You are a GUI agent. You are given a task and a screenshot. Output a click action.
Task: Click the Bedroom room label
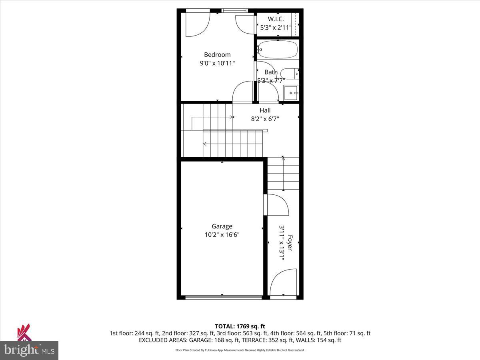pyautogui.click(x=217, y=55)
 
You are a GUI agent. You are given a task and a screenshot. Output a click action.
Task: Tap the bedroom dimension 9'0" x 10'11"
pyautogui.click(x=217, y=63)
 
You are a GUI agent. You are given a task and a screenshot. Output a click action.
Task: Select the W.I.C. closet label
pyautogui.click(x=276, y=19)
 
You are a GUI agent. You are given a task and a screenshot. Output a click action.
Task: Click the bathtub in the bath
pyautogui.click(x=278, y=50)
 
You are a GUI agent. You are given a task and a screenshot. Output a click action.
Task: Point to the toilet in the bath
pyautogui.click(x=289, y=73)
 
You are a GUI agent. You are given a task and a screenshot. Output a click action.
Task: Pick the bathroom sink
pyautogui.click(x=291, y=93)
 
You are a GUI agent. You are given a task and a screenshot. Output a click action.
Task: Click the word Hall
pyautogui.click(x=265, y=110)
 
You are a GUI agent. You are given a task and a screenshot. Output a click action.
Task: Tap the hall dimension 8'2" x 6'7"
pyautogui.click(x=265, y=119)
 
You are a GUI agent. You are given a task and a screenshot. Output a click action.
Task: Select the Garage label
pyautogui.click(x=222, y=226)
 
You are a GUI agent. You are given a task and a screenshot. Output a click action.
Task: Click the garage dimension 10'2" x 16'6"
pyautogui.click(x=222, y=235)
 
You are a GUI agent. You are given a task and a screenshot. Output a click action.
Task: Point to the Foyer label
pyautogui.click(x=290, y=243)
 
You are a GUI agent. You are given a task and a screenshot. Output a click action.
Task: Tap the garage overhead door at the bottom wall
pyautogui.click(x=224, y=297)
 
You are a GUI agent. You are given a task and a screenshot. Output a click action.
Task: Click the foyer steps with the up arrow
pyautogui.click(x=283, y=174)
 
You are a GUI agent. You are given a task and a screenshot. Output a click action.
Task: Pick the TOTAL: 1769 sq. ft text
pyautogui.click(x=240, y=326)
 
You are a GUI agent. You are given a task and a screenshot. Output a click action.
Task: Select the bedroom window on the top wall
pyautogui.click(x=234, y=10)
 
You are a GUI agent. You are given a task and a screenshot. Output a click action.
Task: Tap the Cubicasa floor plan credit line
pyautogui.click(x=240, y=350)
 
